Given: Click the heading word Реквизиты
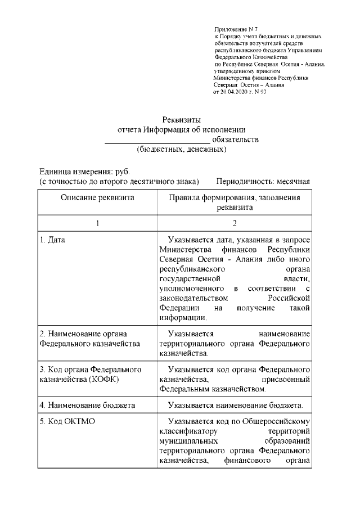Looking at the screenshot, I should [181, 119].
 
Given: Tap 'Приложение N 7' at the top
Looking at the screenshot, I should [235, 28].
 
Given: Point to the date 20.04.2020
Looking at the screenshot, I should [234, 91].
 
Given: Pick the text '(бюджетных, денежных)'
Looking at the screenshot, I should [181, 150].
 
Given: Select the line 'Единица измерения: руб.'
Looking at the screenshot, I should [84, 171].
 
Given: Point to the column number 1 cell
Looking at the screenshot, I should [97, 223].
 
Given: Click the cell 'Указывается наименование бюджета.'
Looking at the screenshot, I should [235, 405].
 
